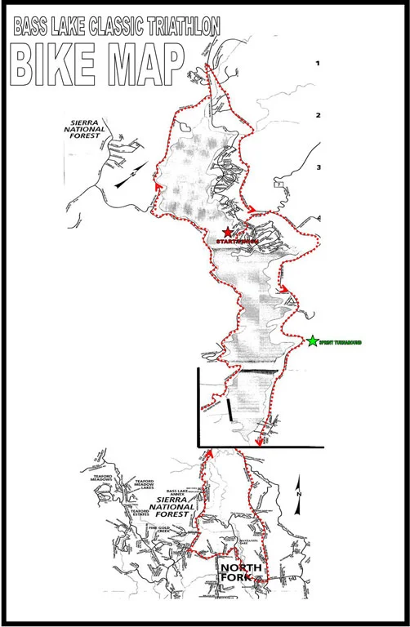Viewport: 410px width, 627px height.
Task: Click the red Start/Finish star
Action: pos(227,233)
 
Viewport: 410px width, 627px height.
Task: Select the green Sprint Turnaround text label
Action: pos(340,341)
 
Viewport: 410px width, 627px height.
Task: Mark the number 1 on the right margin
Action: pos(319,63)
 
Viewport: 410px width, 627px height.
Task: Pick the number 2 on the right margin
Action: pos(319,115)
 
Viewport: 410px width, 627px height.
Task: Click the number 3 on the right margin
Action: pos(319,168)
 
